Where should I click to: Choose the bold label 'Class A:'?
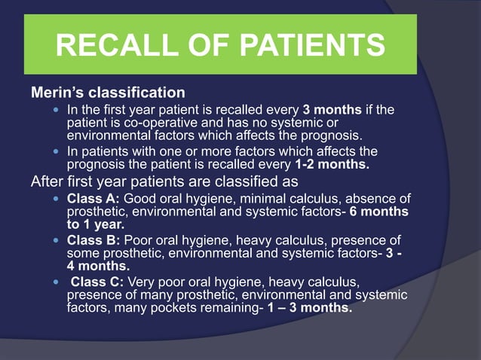click(93, 199)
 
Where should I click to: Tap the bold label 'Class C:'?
click(97, 283)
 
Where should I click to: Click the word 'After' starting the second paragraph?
click(47, 182)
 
